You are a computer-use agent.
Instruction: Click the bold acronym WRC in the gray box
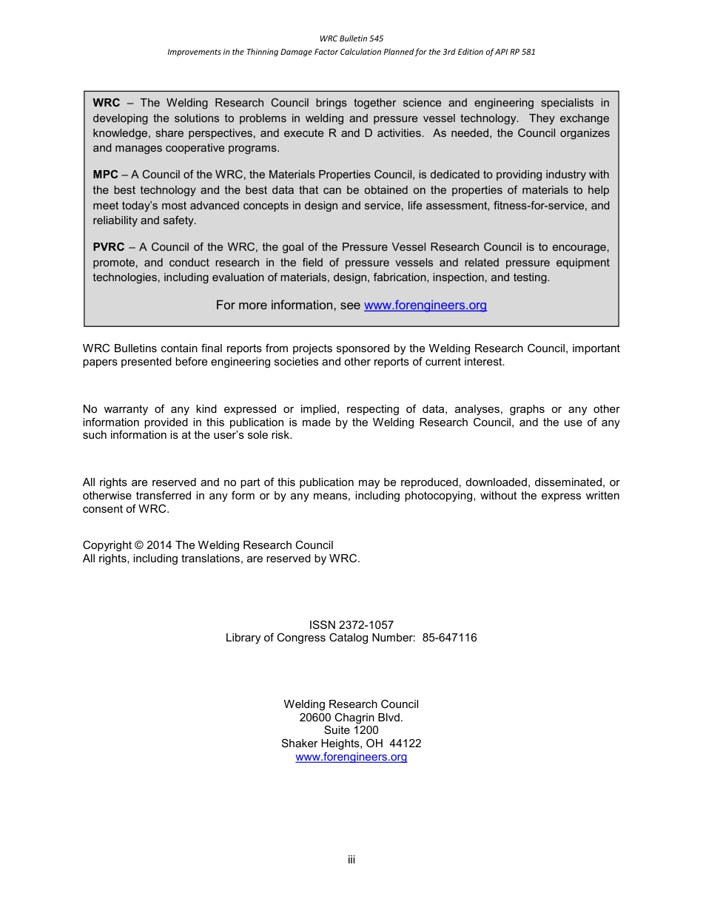click(x=106, y=103)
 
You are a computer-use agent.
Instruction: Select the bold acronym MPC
click(x=105, y=175)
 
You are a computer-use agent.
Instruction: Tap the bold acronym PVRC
click(x=109, y=247)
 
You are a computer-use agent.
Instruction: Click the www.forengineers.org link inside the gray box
click(x=425, y=305)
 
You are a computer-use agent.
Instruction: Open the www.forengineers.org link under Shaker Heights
click(x=351, y=757)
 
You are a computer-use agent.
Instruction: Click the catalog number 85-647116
click(x=449, y=638)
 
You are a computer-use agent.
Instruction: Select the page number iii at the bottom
click(x=351, y=859)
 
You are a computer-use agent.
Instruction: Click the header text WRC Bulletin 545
click(x=351, y=38)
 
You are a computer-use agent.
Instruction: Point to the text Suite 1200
click(x=351, y=730)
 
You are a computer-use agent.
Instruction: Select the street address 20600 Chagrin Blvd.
click(x=351, y=717)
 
